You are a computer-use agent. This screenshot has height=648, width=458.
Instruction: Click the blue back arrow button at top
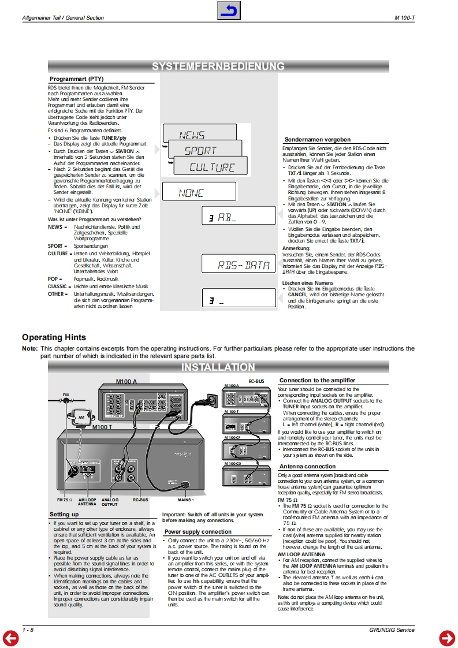click(x=229, y=11)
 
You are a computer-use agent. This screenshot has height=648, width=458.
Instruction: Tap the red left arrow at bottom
click(x=10, y=638)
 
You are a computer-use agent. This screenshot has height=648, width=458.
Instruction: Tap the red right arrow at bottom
click(x=447, y=638)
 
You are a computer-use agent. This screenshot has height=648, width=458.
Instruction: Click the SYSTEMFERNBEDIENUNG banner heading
click(x=218, y=67)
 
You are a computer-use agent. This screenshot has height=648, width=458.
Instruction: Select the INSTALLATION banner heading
click(x=218, y=367)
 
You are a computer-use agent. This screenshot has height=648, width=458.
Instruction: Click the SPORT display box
click(x=201, y=151)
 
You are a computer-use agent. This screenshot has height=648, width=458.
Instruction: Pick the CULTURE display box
click(x=212, y=167)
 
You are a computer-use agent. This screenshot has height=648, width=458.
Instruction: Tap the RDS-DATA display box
click(x=244, y=265)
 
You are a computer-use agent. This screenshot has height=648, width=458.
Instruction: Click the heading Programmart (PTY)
click(x=77, y=78)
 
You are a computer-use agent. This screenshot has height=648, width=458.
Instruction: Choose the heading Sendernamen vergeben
click(x=317, y=140)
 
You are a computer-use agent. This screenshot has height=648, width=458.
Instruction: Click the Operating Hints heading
click(x=54, y=337)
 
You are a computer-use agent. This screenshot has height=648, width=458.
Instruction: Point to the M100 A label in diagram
click(x=126, y=382)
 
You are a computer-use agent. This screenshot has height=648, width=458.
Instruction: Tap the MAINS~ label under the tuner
click(x=185, y=499)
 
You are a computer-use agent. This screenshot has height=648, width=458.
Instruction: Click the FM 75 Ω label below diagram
click(x=64, y=499)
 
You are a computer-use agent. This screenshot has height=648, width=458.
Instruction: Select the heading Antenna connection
click(x=307, y=466)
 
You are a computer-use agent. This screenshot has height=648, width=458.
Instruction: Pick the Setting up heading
click(x=64, y=514)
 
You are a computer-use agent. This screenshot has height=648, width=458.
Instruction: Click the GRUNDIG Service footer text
click(x=392, y=630)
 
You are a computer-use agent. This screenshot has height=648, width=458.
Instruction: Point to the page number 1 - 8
click(x=28, y=630)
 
